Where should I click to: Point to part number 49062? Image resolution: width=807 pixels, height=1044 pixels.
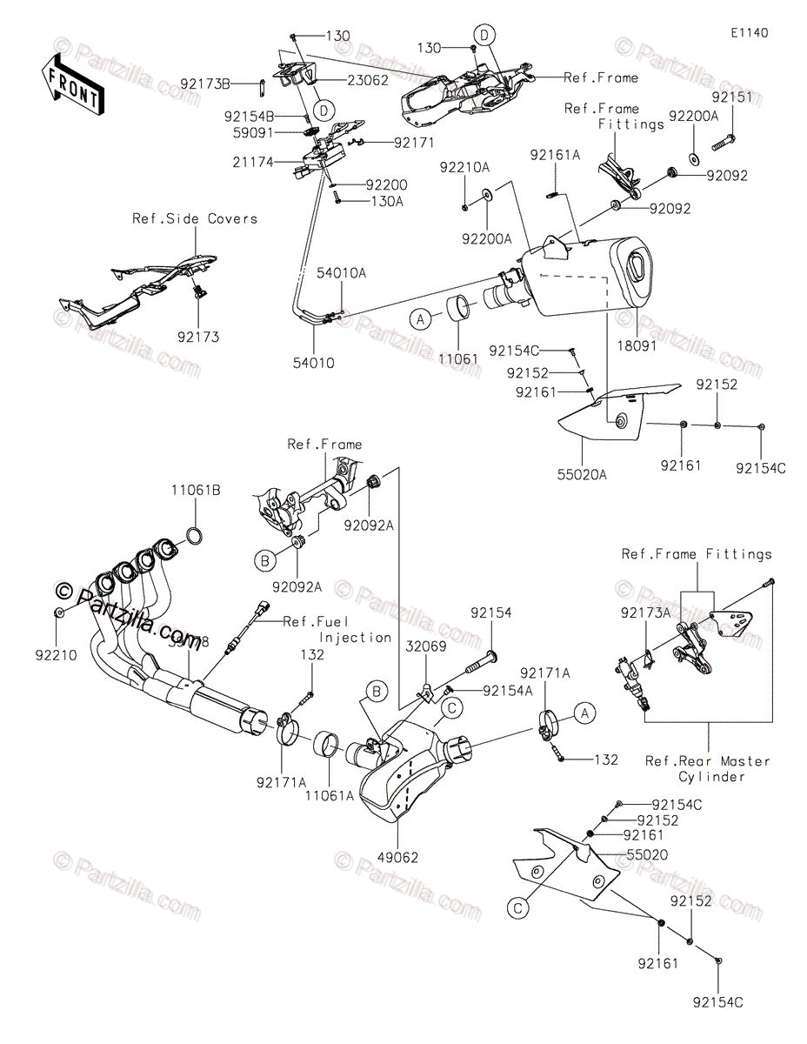click(399, 857)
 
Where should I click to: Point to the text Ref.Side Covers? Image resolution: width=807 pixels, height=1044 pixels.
click(195, 218)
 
